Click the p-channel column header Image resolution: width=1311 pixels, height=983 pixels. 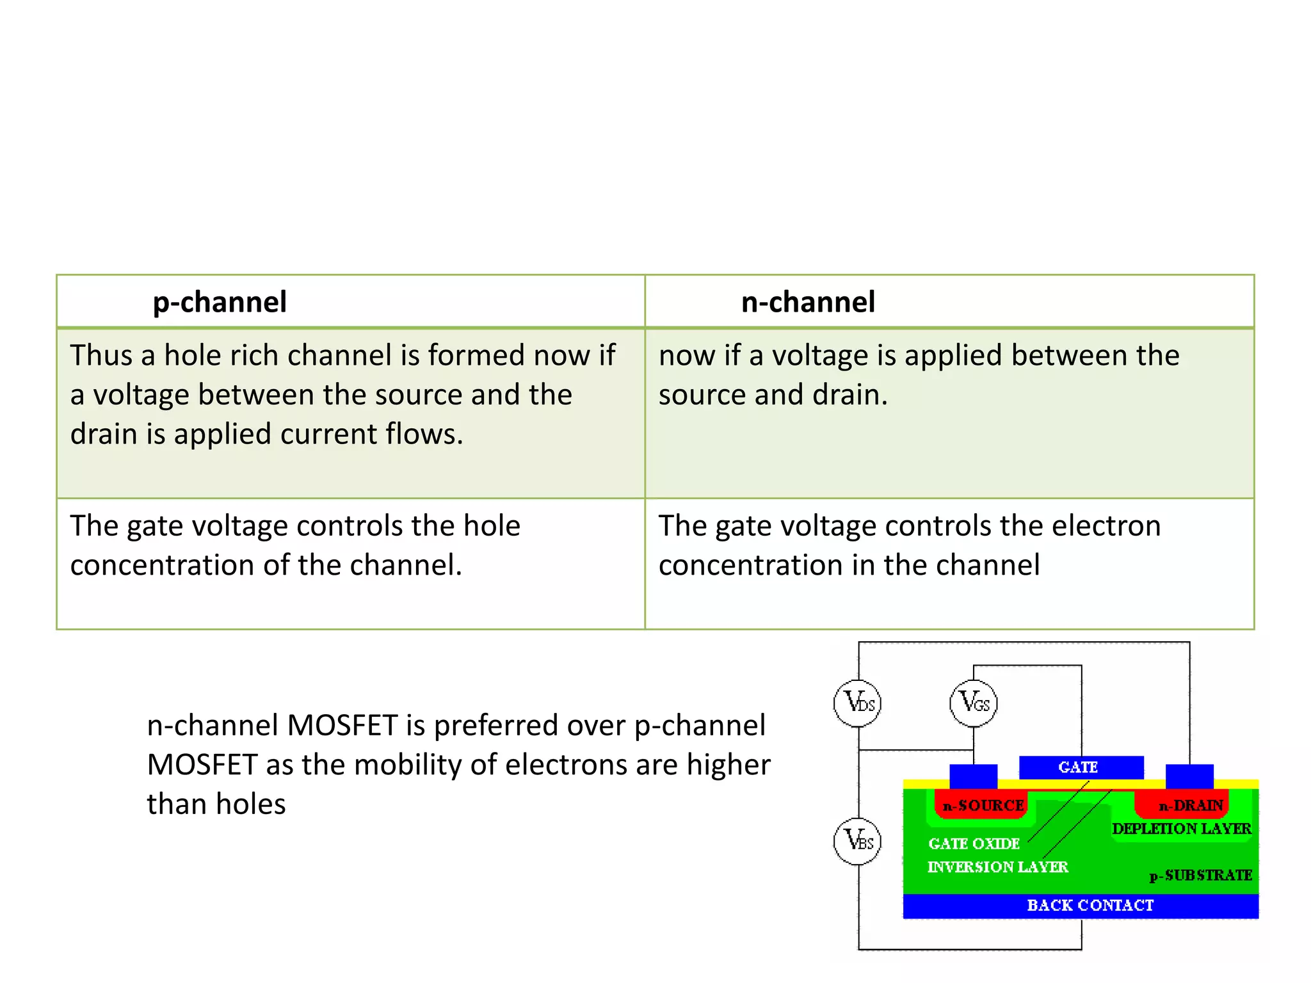click(x=220, y=302)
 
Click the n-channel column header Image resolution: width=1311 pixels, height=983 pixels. click(x=808, y=302)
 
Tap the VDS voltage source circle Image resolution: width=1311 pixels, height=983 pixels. click(x=858, y=703)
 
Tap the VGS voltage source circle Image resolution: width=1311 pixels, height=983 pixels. click(x=974, y=703)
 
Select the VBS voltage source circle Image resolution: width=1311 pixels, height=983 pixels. click(x=858, y=841)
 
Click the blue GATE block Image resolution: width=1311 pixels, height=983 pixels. click(x=1081, y=767)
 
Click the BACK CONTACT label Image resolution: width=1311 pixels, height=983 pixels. click(x=1090, y=906)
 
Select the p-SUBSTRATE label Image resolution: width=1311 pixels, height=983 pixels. click(x=1200, y=875)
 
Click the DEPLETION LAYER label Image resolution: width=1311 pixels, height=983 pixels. click(x=1181, y=829)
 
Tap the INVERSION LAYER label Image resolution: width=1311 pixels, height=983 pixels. click(x=997, y=867)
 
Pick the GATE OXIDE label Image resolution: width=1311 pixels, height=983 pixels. click(x=974, y=844)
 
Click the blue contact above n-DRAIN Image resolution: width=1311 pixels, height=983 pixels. click(x=1189, y=776)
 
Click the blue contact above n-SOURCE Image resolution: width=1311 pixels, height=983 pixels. click(x=973, y=776)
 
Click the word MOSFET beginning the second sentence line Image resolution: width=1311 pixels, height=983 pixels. click(x=202, y=765)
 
